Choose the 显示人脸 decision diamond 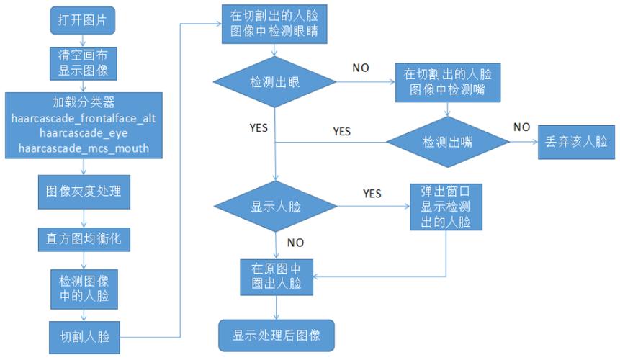[x=276, y=206]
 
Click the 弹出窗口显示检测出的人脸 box [x=446, y=207]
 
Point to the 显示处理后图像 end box [x=276, y=335]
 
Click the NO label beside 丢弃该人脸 [x=521, y=127]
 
